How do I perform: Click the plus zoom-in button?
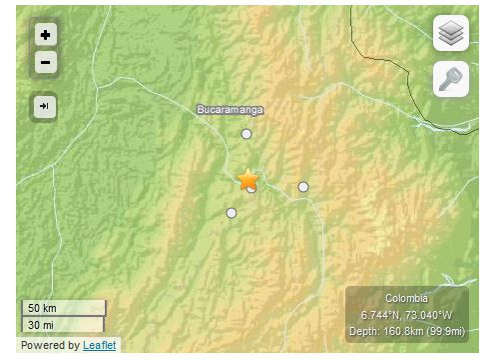click(x=46, y=34)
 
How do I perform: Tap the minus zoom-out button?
click(x=46, y=63)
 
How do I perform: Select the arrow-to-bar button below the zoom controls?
click(x=45, y=105)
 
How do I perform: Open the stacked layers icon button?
click(x=451, y=33)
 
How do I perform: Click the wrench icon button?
click(x=451, y=79)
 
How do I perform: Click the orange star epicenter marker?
click(x=249, y=180)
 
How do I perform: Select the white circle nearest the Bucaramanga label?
click(x=246, y=134)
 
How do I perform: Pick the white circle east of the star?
click(x=303, y=187)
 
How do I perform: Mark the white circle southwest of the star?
click(x=232, y=213)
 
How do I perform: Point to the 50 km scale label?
click(x=41, y=307)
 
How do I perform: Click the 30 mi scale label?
click(x=41, y=324)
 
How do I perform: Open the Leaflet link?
click(x=99, y=345)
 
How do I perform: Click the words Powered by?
click(x=50, y=345)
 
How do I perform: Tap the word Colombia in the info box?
click(x=407, y=299)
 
